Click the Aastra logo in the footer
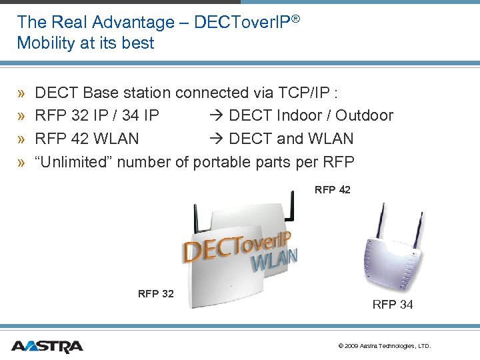[x=47, y=346]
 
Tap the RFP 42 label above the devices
[x=332, y=190]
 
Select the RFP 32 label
[x=155, y=293]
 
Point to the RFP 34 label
[x=392, y=305]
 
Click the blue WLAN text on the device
[x=273, y=259]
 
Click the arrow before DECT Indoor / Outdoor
[x=218, y=115]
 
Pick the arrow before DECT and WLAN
[x=218, y=139]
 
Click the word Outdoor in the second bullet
[x=364, y=115]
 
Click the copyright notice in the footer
[x=385, y=346]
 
